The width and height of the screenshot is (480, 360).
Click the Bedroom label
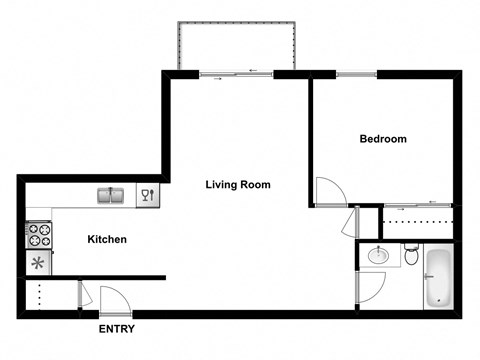[383, 139]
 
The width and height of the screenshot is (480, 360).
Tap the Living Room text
[238, 184]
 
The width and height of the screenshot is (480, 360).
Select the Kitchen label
[107, 239]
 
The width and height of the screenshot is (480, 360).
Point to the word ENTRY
[116, 329]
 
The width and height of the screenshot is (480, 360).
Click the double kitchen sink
[113, 195]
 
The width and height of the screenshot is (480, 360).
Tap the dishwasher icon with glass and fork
[146, 195]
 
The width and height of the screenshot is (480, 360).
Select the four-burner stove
[39, 235]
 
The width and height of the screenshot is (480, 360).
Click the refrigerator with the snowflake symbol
[39, 264]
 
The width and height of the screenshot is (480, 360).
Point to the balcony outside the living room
[236, 46]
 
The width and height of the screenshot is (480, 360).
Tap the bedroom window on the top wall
[357, 73]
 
